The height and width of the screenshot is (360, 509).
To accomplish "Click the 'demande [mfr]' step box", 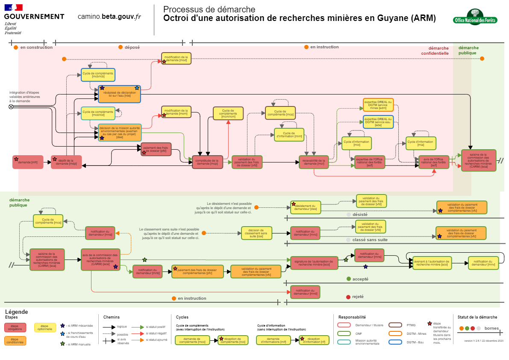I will pyautogui.click(x=28, y=162).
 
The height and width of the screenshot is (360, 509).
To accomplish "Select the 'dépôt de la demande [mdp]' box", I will pyautogui.click(x=66, y=162).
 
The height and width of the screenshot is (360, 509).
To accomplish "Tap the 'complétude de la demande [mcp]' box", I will pyautogui.click(x=207, y=162).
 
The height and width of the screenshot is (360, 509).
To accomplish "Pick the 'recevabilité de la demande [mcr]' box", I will pyautogui.click(x=314, y=162).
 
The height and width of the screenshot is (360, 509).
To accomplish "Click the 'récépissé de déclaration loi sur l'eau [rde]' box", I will pyautogui.click(x=119, y=94).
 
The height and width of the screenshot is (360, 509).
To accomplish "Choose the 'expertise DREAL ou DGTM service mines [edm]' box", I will pyautogui.click(x=378, y=105).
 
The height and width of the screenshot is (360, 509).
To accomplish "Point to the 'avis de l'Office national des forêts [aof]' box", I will pyautogui.click(x=434, y=162).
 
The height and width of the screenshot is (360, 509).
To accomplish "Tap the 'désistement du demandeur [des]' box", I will pyautogui.click(x=305, y=207).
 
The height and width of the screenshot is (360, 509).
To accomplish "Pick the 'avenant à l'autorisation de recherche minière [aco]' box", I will pyautogui.click(x=432, y=263).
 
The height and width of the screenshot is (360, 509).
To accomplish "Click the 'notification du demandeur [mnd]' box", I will pyautogui.click(x=305, y=292).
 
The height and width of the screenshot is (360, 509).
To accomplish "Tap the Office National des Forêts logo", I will pyautogui.click(x=475, y=18).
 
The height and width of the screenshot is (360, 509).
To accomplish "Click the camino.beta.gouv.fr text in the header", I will pyautogui.click(x=109, y=16).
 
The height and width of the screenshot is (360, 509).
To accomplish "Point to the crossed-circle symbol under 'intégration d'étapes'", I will pyautogui.click(x=11, y=107).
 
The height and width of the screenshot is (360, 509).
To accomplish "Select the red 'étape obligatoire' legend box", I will pyautogui.click(x=15, y=327).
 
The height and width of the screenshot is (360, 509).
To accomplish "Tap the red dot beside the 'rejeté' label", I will pyautogui.click(x=348, y=297).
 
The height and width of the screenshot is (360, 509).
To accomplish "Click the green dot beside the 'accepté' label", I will pyautogui.click(x=348, y=279).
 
